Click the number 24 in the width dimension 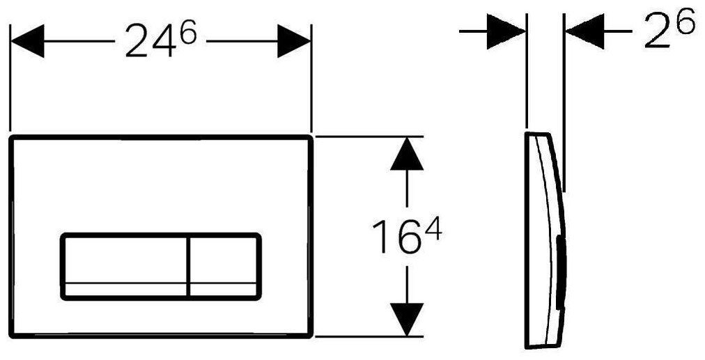pos(151,43)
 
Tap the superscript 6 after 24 pos(187,33)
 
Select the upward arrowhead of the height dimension pos(407,154)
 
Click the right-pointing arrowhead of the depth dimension pos(506,32)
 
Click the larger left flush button pos(125,266)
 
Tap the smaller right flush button pos(224,266)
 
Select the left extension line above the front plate pos(10,77)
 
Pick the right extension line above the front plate pos(311,77)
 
